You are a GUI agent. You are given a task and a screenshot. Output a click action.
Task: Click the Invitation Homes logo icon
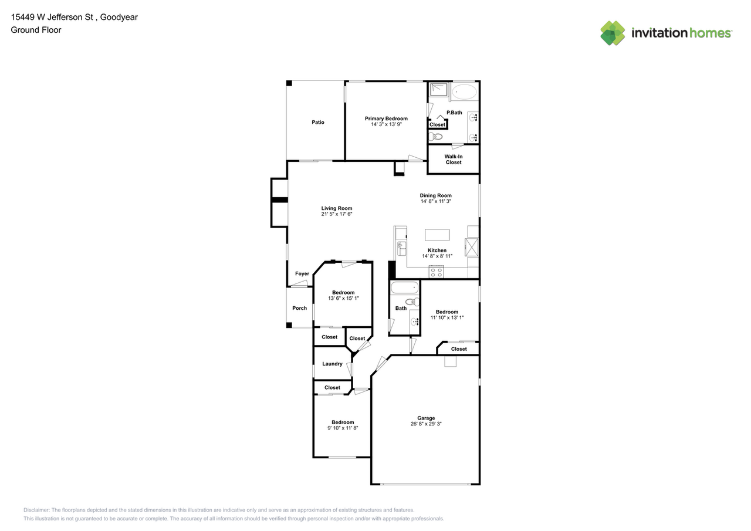(613, 33)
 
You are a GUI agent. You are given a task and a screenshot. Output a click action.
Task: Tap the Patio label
(317, 122)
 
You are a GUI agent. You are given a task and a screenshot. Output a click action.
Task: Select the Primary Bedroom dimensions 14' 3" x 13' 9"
(385, 124)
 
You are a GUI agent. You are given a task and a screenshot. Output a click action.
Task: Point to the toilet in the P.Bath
(435, 137)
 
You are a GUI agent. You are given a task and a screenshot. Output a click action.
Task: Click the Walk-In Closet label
(453, 159)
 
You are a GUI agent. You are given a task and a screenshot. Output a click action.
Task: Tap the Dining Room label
(435, 195)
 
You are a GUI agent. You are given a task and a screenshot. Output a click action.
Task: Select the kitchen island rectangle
(437, 235)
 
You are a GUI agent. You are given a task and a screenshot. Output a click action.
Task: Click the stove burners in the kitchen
(437, 271)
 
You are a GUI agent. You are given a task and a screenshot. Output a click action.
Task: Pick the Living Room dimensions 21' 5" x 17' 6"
(336, 214)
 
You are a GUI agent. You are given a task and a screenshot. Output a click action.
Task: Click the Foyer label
(302, 273)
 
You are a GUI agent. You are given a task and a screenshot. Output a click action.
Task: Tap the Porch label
(299, 308)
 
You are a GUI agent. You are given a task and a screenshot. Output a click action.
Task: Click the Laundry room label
(332, 364)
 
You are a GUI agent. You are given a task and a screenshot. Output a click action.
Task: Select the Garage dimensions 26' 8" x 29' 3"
(426, 423)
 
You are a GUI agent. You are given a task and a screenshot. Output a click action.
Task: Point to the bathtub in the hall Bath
(404, 288)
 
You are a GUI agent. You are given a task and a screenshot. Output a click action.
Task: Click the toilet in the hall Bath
(412, 302)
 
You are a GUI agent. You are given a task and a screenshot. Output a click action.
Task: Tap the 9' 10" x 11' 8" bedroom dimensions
(343, 428)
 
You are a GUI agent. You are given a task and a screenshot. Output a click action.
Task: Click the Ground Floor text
(36, 30)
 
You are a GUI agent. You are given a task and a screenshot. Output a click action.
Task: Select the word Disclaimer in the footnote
(37, 510)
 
